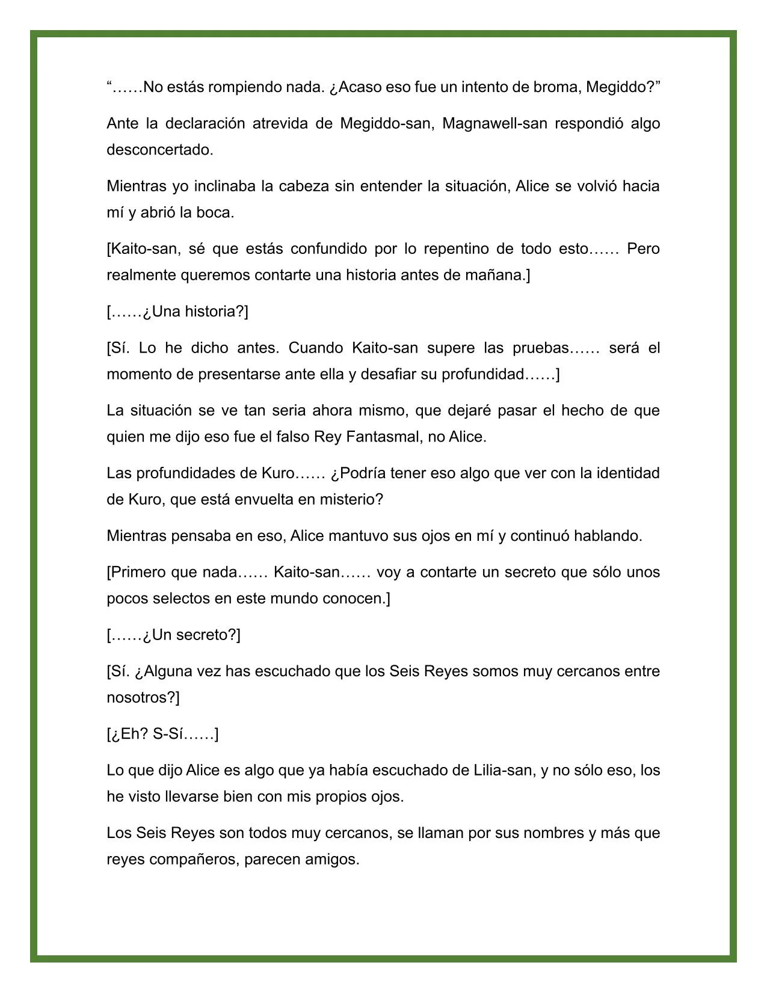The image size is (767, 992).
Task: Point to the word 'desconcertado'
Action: coord(159,150)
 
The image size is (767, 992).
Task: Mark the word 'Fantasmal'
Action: coord(383,437)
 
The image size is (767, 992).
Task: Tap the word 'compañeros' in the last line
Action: coord(194,860)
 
